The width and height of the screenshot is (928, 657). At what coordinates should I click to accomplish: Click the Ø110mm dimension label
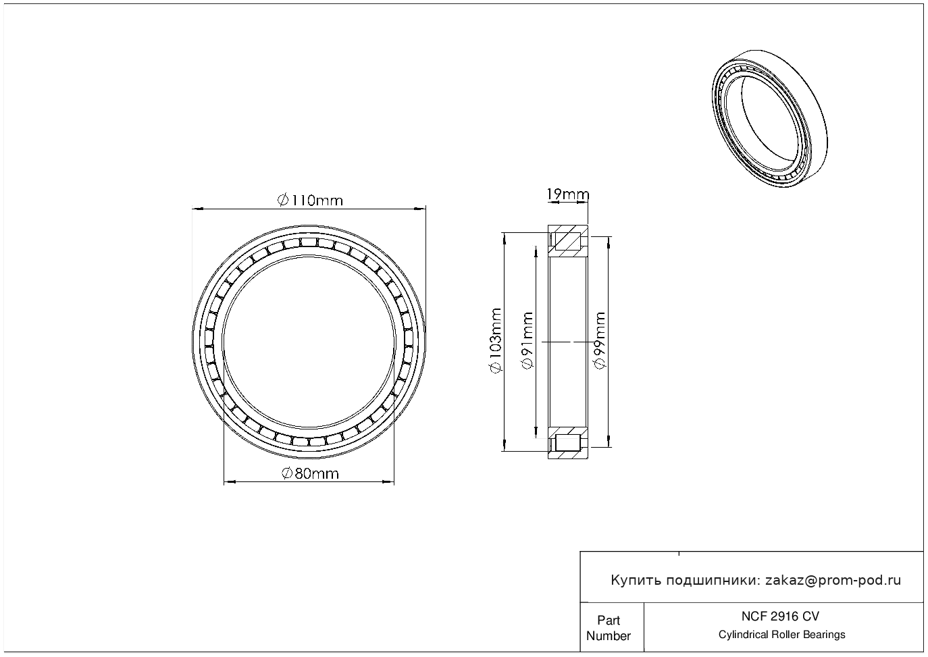(310, 201)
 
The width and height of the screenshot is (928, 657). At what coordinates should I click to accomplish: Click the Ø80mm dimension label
(310, 473)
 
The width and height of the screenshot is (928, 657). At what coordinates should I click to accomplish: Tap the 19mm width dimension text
(567, 194)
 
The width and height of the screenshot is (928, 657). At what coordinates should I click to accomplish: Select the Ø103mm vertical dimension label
(496, 341)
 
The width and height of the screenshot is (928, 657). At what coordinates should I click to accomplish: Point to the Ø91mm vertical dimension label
(527, 341)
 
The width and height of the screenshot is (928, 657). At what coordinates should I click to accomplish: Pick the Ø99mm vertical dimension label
(600, 340)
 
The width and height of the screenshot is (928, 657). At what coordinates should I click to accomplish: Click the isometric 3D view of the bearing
(769, 118)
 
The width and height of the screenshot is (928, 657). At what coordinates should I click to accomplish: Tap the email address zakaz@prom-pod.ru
(833, 581)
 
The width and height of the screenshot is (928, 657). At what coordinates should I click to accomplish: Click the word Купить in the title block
(636, 581)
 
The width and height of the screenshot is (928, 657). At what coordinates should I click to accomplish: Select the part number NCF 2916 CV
(781, 616)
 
